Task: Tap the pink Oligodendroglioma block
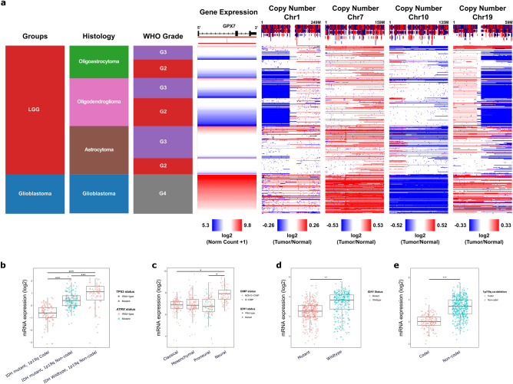97,102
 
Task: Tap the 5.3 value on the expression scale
204,225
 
